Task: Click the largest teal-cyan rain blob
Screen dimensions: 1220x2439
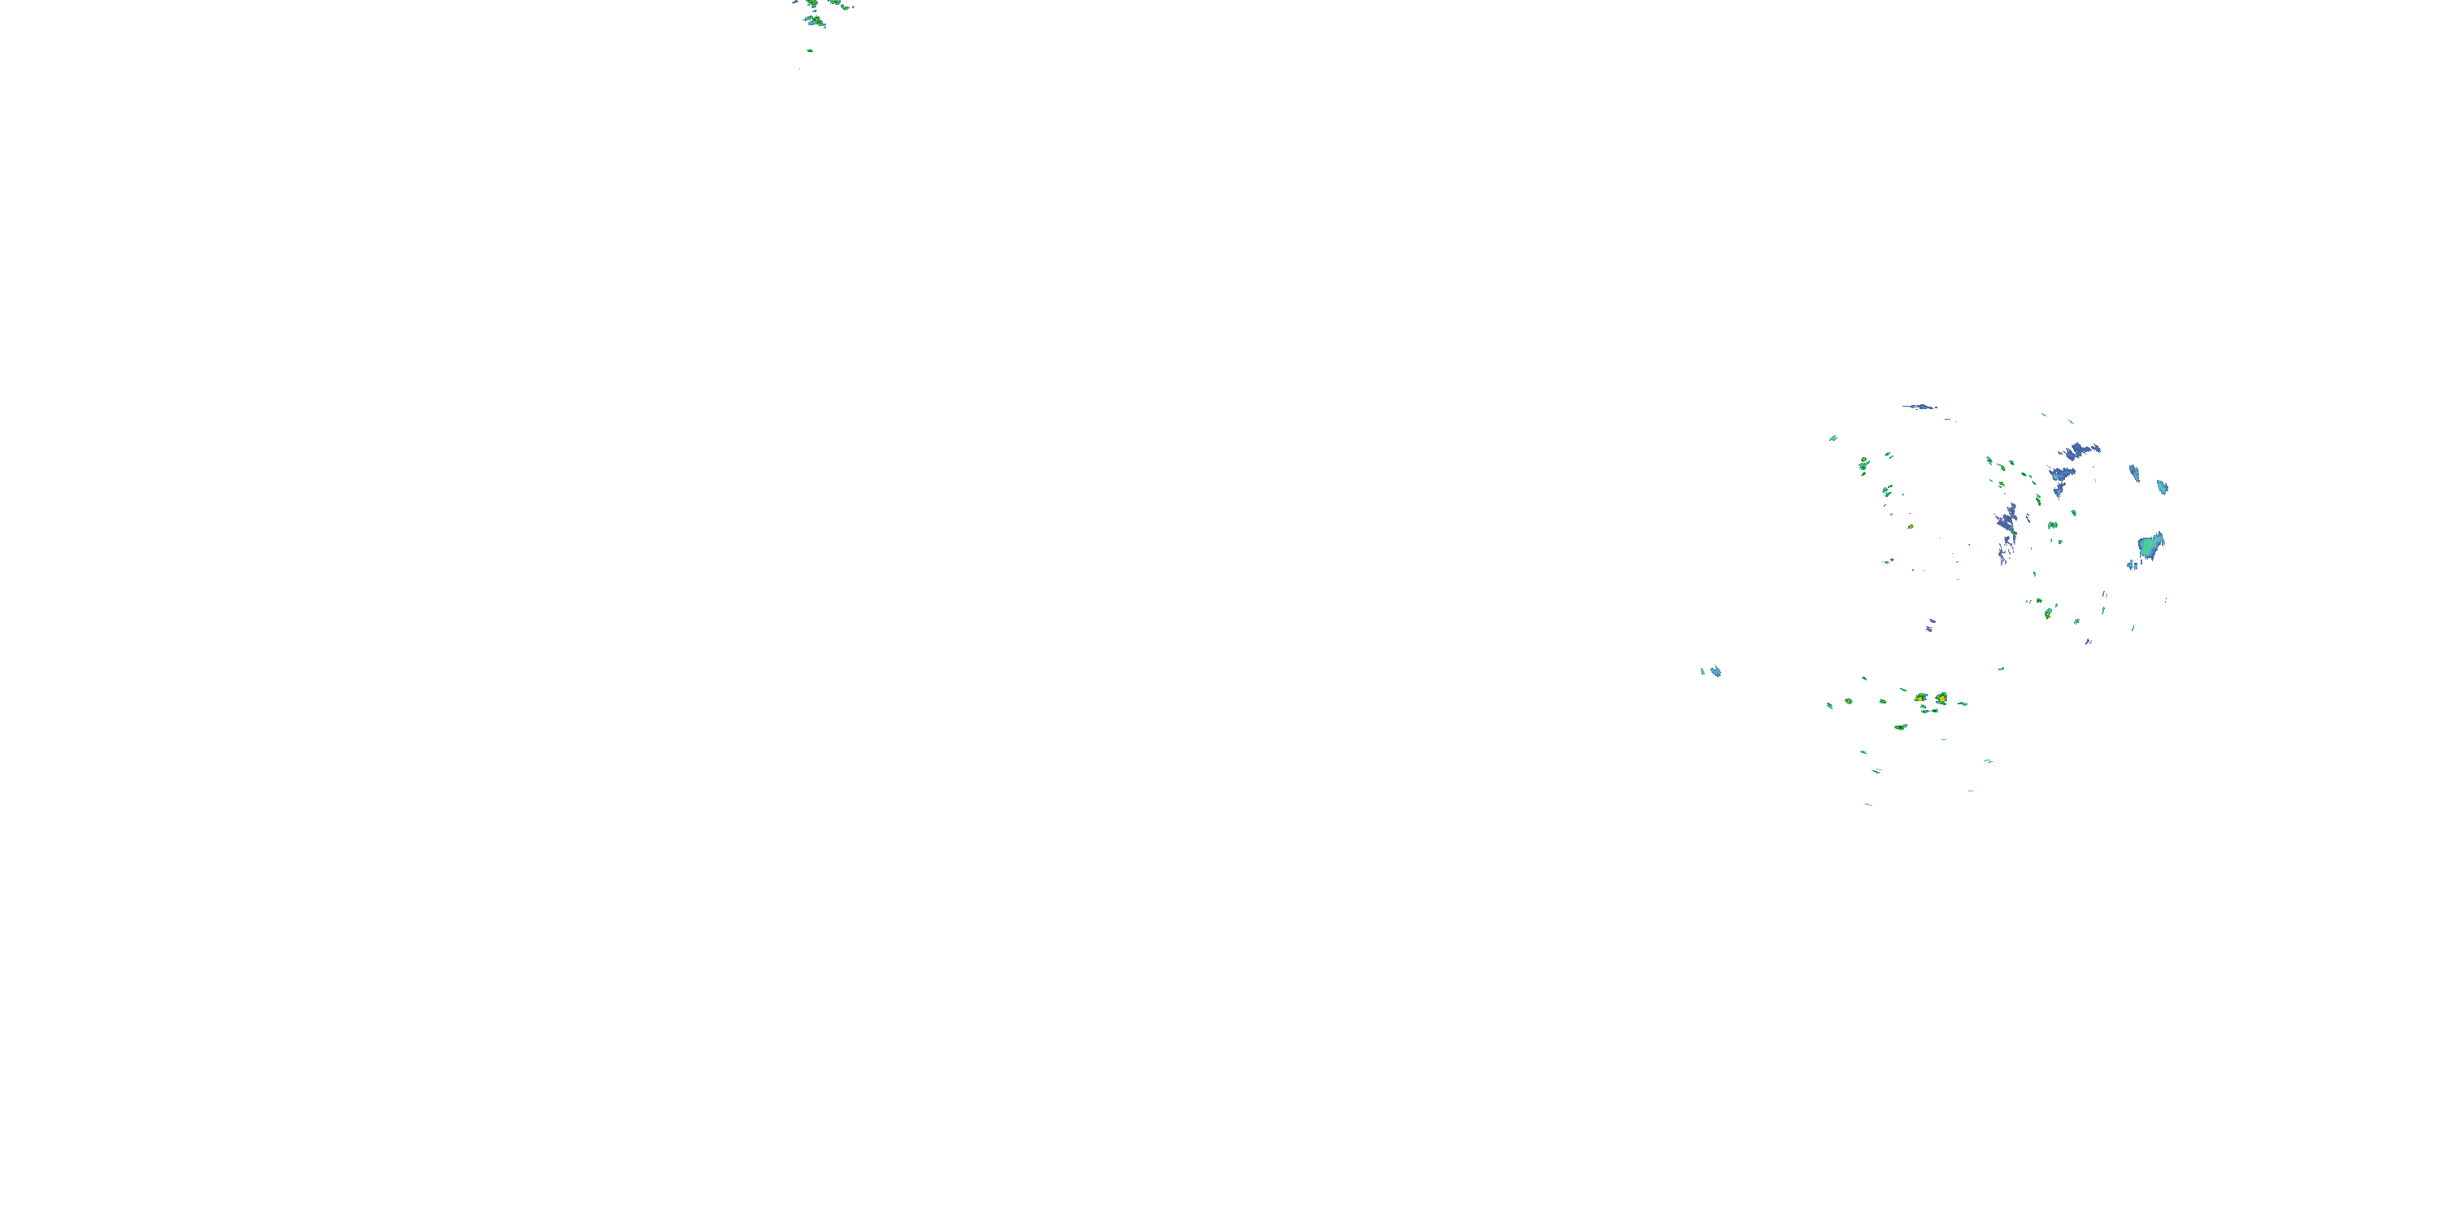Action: pos(2150,547)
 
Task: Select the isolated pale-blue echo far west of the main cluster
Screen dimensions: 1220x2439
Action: pos(1712,672)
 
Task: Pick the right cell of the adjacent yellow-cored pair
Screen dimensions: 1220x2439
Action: pos(1941,698)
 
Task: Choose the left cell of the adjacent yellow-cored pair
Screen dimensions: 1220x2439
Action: pos(1921,698)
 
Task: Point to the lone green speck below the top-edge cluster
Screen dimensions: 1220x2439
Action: pos(810,50)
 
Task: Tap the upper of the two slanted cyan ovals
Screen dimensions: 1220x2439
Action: pos(2134,472)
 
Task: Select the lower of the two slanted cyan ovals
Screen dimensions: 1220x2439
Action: pos(2162,487)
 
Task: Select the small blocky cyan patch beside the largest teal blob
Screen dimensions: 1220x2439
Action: pos(2132,564)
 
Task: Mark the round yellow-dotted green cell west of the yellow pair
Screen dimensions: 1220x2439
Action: pos(1847,701)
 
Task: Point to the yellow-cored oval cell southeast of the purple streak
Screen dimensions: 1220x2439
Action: pos(2047,612)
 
